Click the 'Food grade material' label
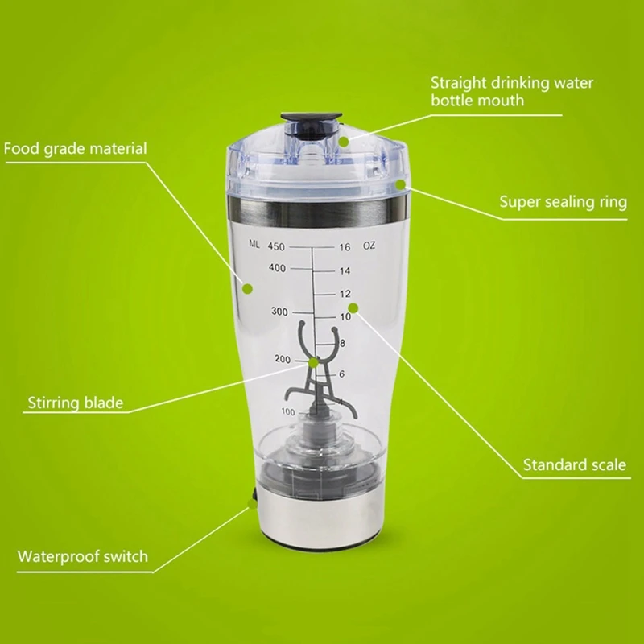tap(75, 149)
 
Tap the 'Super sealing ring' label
tap(563, 202)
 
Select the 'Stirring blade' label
tap(76, 402)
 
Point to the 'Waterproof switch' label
tap(83, 556)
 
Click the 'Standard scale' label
tap(575, 464)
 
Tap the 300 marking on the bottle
tap(279, 312)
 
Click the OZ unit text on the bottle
tap(369, 246)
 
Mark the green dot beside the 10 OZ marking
tap(351, 308)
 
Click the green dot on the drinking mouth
tap(344, 141)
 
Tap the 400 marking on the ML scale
tap(279, 268)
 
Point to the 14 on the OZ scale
tap(345, 271)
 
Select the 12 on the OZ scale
tap(345, 294)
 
